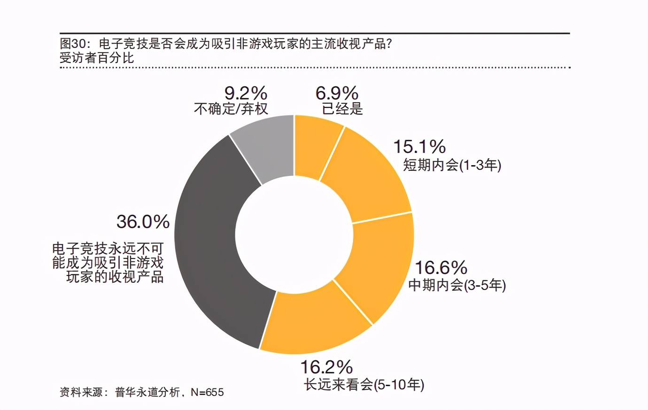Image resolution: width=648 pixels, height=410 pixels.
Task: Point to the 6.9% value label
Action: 337,93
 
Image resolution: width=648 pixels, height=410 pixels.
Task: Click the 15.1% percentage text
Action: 419,147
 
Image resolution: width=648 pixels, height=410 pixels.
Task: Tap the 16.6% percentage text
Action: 440,268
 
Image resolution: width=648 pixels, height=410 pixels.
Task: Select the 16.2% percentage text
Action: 326,367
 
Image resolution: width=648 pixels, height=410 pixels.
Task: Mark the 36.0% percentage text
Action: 143,221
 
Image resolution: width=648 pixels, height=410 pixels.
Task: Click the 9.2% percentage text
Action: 246,93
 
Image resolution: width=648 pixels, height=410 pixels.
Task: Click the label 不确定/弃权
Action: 231,109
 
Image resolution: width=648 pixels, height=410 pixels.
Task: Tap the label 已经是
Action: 342,109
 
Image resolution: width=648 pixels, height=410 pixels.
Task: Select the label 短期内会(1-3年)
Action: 452,165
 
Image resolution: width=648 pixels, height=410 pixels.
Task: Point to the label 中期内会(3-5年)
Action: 457,285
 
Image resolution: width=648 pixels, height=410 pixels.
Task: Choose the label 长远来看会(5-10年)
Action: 364,385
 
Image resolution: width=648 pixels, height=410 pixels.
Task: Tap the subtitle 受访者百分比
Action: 97,58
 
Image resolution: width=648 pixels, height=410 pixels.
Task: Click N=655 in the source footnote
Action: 207,392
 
